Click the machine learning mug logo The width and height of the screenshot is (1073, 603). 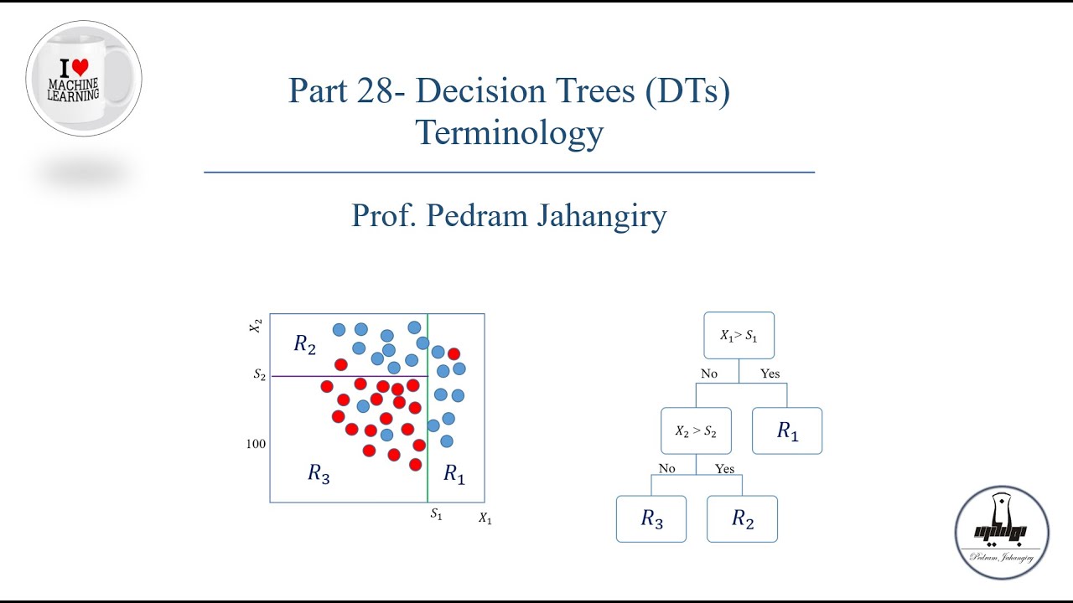tap(84, 79)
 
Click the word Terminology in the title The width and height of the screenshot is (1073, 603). tap(509, 132)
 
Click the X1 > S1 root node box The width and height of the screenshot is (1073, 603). tap(739, 336)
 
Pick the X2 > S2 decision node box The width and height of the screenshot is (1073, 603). tap(696, 431)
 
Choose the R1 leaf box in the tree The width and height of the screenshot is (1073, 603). tap(787, 431)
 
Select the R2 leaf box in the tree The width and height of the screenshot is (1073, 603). tap(742, 519)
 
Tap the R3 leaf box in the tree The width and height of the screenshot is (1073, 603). tap(651, 519)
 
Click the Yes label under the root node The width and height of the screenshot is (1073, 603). tap(770, 374)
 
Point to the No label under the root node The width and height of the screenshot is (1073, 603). tap(709, 374)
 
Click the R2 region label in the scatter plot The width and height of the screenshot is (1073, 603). tap(305, 344)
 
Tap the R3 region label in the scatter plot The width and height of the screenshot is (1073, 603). tap(319, 474)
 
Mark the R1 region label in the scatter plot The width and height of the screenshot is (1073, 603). tap(454, 475)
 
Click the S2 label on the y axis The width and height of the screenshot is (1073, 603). tap(260, 375)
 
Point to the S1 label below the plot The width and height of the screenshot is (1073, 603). tap(436, 514)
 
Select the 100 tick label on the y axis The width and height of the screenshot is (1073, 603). tap(257, 444)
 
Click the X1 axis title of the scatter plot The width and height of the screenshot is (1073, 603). tap(485, 518)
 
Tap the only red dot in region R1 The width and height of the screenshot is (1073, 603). tap(454, 353)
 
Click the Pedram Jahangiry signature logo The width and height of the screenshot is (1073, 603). tap(1002, 532)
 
